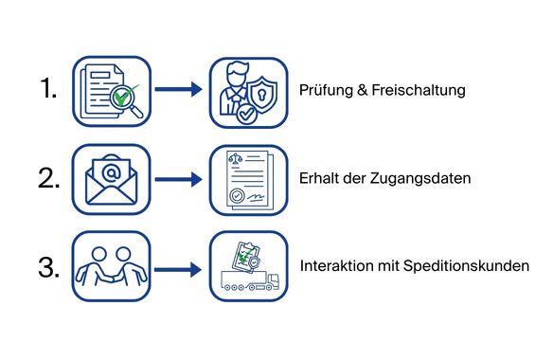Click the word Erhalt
(x=320, y=179)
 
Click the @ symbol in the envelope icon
(x=111, y=173)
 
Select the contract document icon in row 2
(x=247, y=179)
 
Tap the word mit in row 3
(x=384, y=266)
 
